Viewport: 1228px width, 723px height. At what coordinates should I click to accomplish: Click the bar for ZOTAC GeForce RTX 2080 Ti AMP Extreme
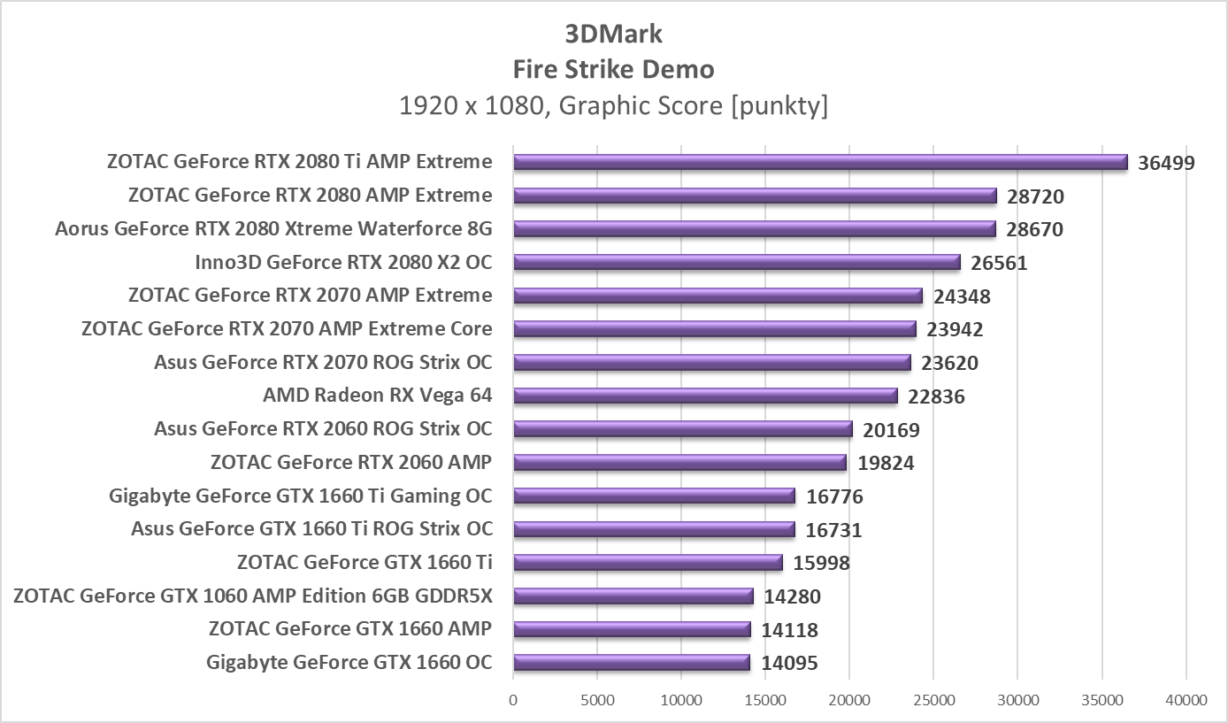[820, 162]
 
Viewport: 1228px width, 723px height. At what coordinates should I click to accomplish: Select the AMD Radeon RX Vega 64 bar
[705, 396]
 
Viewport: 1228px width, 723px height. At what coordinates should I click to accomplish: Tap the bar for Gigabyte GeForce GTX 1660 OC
[632, 663]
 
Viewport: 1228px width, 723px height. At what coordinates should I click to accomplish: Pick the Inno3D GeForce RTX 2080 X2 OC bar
[736, 262]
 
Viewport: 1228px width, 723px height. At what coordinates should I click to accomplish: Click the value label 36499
[1166, 163]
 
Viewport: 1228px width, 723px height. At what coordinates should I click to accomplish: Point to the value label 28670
[1034, 230]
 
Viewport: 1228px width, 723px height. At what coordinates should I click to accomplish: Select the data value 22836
[936, 396]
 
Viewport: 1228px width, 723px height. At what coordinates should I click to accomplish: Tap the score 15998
[821, 564]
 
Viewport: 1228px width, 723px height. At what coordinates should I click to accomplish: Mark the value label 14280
[792, 597]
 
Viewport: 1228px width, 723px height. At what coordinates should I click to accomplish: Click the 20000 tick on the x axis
[849, 700]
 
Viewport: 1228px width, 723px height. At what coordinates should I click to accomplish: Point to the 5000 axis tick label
[597, 700]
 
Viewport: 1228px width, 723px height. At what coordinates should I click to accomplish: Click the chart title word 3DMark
[614, 34]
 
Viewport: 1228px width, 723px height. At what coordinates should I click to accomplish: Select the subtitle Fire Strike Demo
[614, 69]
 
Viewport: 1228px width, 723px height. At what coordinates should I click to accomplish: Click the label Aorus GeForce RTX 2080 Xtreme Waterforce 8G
[273, 229]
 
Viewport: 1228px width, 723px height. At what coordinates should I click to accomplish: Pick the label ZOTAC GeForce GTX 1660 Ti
[365, 563]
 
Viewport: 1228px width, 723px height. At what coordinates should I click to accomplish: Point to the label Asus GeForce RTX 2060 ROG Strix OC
[323, 429]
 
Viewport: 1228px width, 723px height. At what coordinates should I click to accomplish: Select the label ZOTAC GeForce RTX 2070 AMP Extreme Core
[287, 329]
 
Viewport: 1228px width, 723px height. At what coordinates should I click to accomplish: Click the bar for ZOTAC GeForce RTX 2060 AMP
[679, 462]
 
